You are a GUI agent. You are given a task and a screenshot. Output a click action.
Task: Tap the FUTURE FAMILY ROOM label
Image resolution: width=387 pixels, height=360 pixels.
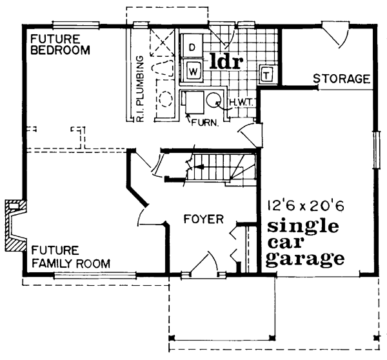(x=70, y=257)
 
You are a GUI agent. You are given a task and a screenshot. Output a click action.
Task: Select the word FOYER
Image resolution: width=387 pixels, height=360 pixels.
(x=203, y=219)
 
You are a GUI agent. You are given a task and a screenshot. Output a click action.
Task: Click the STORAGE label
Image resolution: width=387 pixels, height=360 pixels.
(x=341, y=79)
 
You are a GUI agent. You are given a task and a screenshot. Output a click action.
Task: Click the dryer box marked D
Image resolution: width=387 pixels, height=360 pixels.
(x=192, y=47)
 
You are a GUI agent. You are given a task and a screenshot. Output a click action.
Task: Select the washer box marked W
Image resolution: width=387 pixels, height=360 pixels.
(x=193, y=70)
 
